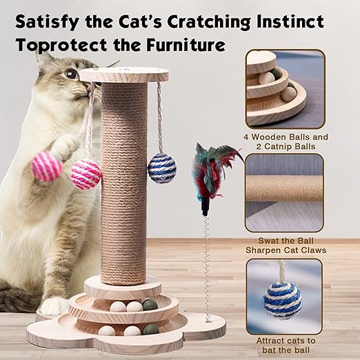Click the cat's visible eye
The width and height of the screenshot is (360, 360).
coord(70,74)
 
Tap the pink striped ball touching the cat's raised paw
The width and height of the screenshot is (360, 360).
coord(47,166)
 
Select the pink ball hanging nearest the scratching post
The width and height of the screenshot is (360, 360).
coord(86,174)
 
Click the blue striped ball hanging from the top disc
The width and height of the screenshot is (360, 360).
coord(162,168)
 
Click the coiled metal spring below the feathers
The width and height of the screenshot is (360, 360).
coord(207,268)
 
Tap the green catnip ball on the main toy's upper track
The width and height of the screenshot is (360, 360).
coord(150,306)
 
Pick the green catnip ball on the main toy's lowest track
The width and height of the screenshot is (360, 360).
coord(151,330)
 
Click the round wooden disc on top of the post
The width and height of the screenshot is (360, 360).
coord(124,76)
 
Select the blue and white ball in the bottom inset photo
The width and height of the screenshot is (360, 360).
coord(282,301)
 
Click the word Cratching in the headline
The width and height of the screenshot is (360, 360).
coord(208,22)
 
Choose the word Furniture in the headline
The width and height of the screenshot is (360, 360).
coord(186,45)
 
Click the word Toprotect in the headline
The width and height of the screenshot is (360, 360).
coord(61,45)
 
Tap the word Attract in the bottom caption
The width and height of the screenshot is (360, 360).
coord(272,341)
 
